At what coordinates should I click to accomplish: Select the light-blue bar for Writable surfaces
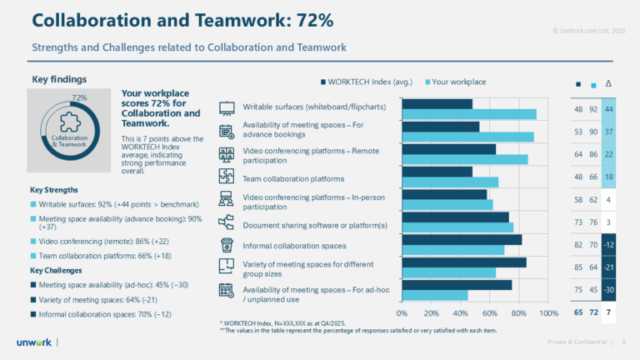pos(468,114)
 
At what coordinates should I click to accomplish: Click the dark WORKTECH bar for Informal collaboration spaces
pos(462,240)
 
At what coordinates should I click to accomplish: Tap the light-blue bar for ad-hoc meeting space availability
pos(434,295)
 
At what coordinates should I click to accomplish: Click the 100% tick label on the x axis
pos(547,313)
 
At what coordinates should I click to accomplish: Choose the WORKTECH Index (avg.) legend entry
pos(365,82)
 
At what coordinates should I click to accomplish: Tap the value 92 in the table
pos(593,109)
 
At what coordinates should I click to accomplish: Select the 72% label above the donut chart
pos(80,97)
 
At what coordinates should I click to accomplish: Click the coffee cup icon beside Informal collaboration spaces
pos(226,245)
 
